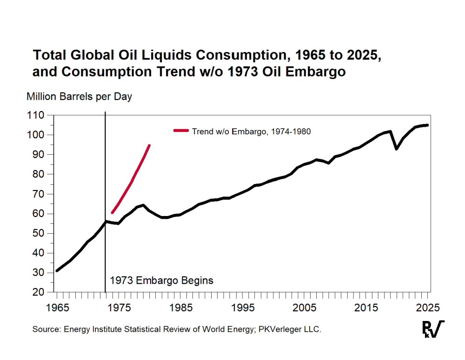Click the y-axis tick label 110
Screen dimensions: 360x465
tap(36, 115)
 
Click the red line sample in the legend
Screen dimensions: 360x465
tap(180, 131)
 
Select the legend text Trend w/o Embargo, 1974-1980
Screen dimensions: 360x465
tap(251, 131)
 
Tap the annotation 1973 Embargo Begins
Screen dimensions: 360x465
tap(161, 281)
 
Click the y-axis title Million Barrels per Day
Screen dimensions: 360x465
tap(79, 97)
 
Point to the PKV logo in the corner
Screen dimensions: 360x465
tap(432, 329)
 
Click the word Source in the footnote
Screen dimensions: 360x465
tap(45, 329)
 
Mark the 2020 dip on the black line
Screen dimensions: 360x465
tap(396, 149)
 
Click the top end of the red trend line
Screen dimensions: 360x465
tap(149, 145)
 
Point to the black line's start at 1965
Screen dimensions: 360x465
tap(56, 271)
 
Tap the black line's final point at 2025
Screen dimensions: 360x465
tap(427, 125)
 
